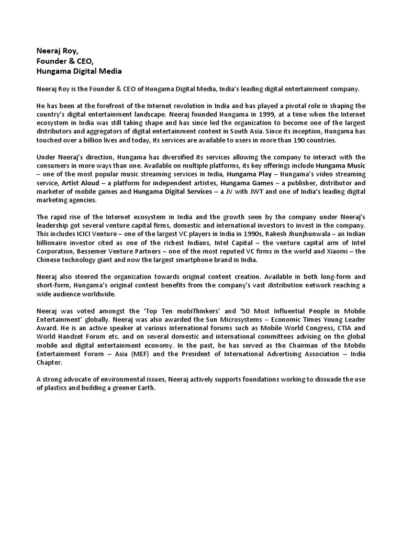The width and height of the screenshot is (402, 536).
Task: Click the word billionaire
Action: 54,242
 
